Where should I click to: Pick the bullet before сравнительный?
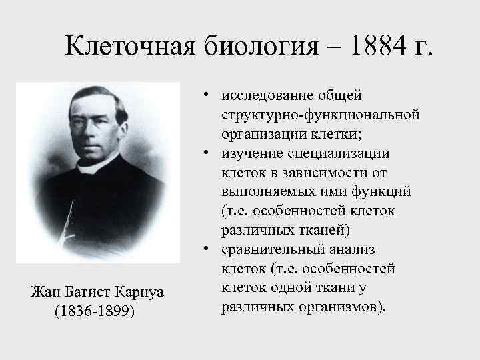209,250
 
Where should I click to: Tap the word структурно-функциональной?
321,115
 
